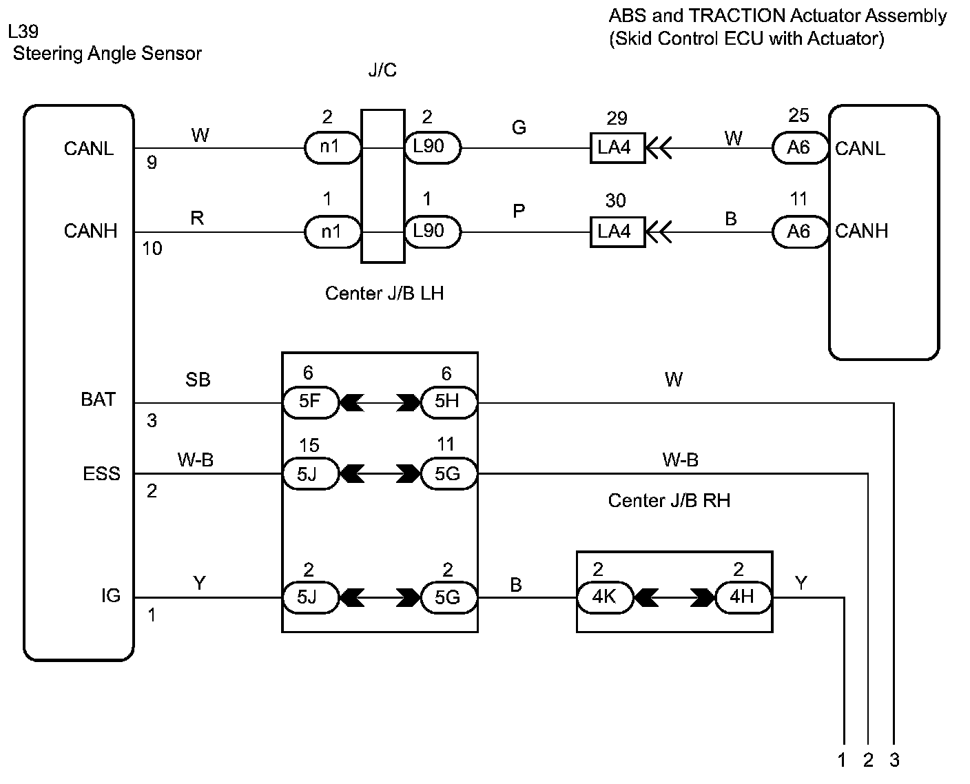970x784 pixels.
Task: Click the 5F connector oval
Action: (311, 402)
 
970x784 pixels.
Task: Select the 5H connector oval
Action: (449, 402)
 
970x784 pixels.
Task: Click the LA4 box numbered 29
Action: (617, 148)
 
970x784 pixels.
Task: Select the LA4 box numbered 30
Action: (617, 232)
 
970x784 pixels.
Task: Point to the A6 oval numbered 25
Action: (800, 148)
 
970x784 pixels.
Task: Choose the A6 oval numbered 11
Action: (800, 231)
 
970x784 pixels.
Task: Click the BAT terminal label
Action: (98, 400)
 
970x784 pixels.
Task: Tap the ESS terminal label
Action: (101, 473)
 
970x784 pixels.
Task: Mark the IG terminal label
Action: (111, 595)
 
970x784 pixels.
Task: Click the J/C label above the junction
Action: (382, 70)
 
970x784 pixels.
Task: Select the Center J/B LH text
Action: (384, 293)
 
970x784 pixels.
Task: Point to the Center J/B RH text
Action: (669, 500)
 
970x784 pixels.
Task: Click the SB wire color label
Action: (198, 380)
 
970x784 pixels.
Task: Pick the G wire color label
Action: (519, 127)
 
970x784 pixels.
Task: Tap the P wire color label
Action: (519, 211)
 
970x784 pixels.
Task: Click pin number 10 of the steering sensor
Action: (152, 249)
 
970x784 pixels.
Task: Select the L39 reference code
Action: (23, 32)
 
